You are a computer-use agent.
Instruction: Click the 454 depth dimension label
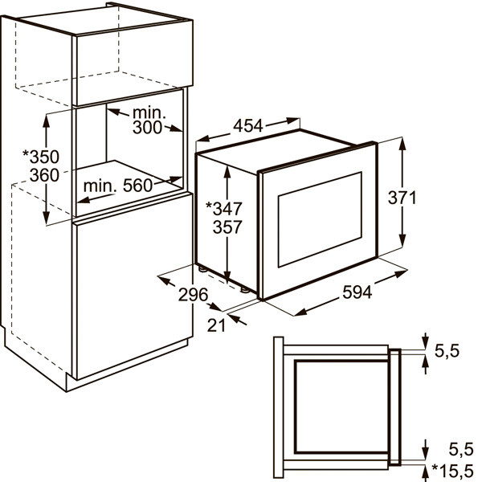(x=248, y=125)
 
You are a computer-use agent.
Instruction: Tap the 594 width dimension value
(x=357, y=292)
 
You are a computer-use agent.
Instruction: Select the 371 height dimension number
(x=402, y=198)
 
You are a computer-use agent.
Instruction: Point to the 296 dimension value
(x=194, y=295)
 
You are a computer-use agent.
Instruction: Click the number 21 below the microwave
(x=216, y=325)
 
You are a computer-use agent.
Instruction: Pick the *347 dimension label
(x=224, y=209)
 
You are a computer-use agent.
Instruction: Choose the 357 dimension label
(x=227, y=227)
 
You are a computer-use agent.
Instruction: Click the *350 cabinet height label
(x=41, y=157)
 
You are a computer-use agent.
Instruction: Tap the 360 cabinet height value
(x=44, y=175)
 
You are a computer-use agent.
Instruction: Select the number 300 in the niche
(x=147, y=127)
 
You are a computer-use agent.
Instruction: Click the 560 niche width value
(x=137, y=186)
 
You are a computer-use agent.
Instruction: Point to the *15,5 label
(x=452, y=470)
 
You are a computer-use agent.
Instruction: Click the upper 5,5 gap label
(x=447, y=351)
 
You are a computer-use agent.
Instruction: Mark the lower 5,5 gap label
(x=461, y=450)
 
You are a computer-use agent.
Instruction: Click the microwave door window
(x=320, y=219)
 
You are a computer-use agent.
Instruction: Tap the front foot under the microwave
(x=245, y=289)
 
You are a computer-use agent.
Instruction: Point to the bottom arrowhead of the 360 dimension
(x=46, y=218)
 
